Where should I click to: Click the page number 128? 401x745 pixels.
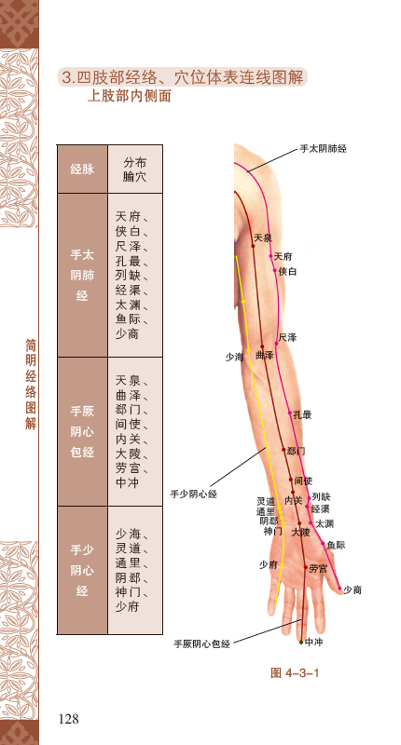[68, 719]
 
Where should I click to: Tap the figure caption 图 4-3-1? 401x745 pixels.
[295, 672]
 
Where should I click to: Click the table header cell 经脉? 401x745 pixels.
[82, 169]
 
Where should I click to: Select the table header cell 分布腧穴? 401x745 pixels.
[135, 169]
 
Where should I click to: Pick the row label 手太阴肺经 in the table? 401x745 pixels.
[82, 275]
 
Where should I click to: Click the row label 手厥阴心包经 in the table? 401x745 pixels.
[82, 431]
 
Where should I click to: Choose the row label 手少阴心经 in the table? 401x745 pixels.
[82, 570]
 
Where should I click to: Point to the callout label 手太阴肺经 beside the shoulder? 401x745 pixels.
[323, 149]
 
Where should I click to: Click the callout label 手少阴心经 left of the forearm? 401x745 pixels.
[194, 494]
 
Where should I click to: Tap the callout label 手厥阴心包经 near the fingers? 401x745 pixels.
[201, 643]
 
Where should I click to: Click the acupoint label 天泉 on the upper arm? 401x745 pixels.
[263, 237]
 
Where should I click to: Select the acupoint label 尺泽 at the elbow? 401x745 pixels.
[288, 337]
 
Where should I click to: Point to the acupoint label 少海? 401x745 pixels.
[234, 357]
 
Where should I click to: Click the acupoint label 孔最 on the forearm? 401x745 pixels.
[302, 414]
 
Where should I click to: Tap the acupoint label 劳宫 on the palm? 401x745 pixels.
[318, 568]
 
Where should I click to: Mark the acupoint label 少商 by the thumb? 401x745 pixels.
[353, 589]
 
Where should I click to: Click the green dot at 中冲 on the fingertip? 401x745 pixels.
[300, 643]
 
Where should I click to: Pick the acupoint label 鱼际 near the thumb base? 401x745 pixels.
[336, 546]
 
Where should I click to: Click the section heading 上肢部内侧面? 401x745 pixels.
[129, 96]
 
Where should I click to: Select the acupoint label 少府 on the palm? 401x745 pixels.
[269, 564]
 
